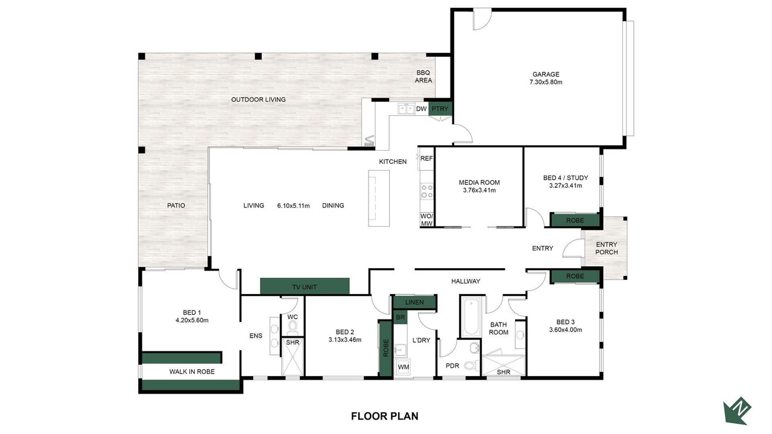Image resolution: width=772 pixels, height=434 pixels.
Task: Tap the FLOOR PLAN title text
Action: pyautogui.click(x=385, y=416)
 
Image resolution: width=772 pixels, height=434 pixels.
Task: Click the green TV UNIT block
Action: pyautogui.click(x=305, y=286)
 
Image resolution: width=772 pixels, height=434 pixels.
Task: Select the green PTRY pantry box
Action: pyautogui.click(x=440, y=109)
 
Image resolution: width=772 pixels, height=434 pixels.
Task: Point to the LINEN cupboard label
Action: pyautogui.click(x=414, y=303)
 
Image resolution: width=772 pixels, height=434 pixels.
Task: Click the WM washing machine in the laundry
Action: pyautogui.click(x=403, y=367)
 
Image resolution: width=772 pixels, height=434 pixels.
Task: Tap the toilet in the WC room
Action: pyautogui.click(x=293, y=327)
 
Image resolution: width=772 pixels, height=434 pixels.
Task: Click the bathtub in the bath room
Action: pyautogui.click(x=470, y=317)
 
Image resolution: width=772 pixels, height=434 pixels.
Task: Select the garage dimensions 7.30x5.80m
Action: pyautogui.click(x=546, y=83)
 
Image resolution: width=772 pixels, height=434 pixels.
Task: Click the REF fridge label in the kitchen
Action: pyautogui.click(x=426, y=159)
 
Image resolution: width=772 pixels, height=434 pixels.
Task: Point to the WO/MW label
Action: pyautogui.click(x=426, y=220)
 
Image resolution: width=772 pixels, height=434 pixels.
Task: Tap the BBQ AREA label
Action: pyautogui.click(x=423, y=77)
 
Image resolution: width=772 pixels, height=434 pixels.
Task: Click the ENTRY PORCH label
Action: pyautogui.click(x=607, y=248)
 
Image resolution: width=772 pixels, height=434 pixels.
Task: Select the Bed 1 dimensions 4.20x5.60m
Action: pyautogui.click(x=192, y=320)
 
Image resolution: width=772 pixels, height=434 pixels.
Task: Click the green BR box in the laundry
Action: pyautogui.click(x=400, y=317)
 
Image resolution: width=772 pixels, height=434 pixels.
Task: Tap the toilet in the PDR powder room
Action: pyautogui.click(x=472, y=365)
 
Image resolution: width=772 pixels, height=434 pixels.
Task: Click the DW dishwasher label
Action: pyautogui.click(x=421, y=109)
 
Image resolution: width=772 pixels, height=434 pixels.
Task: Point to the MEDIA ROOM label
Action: pyautogui.click(x=479, y=183)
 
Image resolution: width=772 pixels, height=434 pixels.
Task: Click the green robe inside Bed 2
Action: pyautogui.click(x=385, y=348)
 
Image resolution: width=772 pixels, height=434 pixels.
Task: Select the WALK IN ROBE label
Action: pyautogui.click(x=192, y=372)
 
